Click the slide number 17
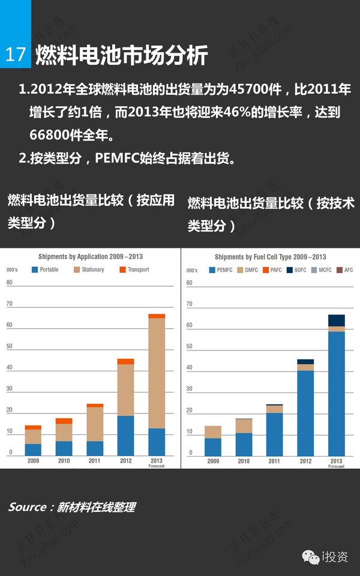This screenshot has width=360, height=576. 15,55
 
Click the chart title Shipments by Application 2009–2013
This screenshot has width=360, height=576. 90,257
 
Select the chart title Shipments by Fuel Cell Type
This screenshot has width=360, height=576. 270,257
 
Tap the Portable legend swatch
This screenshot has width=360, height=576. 35,270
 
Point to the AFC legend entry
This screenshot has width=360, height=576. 344,270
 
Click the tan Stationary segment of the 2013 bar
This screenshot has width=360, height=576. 157,372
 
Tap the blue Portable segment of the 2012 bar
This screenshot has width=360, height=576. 125,435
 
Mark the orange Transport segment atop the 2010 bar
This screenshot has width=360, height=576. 64,421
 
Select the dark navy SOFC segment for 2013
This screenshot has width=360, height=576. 337,320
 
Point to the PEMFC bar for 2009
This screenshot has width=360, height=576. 213,446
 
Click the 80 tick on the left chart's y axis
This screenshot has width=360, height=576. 10,283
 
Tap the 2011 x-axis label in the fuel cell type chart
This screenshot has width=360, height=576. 275,461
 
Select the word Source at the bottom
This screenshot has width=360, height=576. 28,507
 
